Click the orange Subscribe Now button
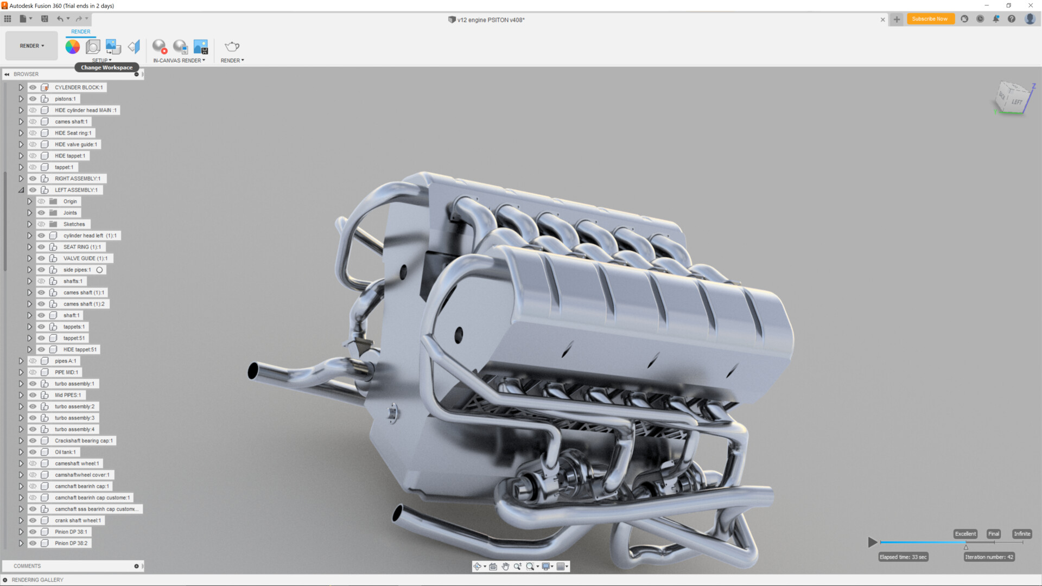pos(930,19)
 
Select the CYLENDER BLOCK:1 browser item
pos(78,87)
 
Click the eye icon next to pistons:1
pos(33,99)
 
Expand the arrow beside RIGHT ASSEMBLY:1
pos(21,179)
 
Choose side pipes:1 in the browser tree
pos(77,270)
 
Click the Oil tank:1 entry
pos(65,452)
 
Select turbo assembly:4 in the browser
pos(74,429)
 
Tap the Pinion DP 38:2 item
pos(71,543)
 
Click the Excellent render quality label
pos(965,534)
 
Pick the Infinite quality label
pos(1021,534)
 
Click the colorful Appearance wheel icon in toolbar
pos(73,47)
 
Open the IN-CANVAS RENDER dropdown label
pos(179,61)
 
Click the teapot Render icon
pos(232,47)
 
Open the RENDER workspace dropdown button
pos(31,46)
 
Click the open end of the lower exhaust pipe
pos(397,513)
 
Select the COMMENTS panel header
pos(27,566)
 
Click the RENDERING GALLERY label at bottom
pos(37,580)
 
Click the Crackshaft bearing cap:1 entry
pos(84,441)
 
